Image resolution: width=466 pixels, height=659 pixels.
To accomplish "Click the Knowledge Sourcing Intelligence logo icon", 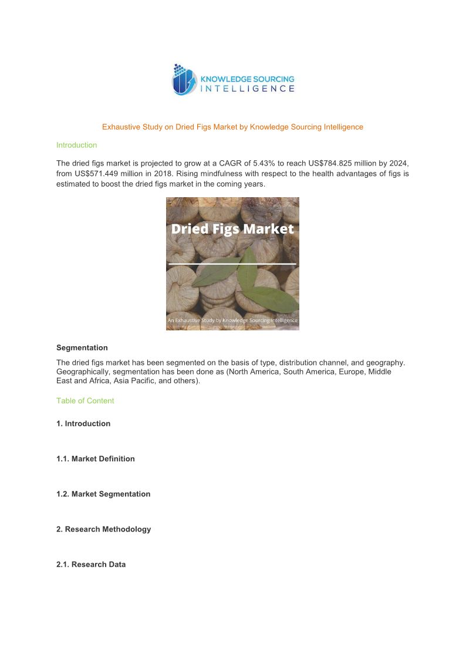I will tap(183, 80).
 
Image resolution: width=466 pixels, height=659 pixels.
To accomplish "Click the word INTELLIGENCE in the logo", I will tap(247, 89).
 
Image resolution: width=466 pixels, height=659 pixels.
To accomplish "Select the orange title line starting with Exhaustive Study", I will tap(232, 127).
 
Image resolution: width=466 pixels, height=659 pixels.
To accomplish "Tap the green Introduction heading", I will tap(76, 145).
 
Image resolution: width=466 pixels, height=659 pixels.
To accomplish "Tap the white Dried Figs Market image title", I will tap(232, 229).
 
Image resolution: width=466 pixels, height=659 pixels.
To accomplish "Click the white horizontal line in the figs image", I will tap(232, 264).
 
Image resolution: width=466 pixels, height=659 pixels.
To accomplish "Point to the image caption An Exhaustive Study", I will tap(232, 320).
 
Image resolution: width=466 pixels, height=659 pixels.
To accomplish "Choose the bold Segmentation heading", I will tap(82, 347).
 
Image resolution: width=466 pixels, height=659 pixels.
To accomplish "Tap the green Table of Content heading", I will tap(85, 401).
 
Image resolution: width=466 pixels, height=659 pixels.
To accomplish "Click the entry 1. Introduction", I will tap(83, 424).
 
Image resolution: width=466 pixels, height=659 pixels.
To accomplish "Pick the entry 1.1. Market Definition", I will tap(96, 459).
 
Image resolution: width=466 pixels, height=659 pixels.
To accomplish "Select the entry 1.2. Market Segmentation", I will tap(103, 494).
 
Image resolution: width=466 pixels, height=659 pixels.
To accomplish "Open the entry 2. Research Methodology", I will tap(103, 529).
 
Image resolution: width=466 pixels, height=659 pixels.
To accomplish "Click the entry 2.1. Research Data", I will tap(91, 565).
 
